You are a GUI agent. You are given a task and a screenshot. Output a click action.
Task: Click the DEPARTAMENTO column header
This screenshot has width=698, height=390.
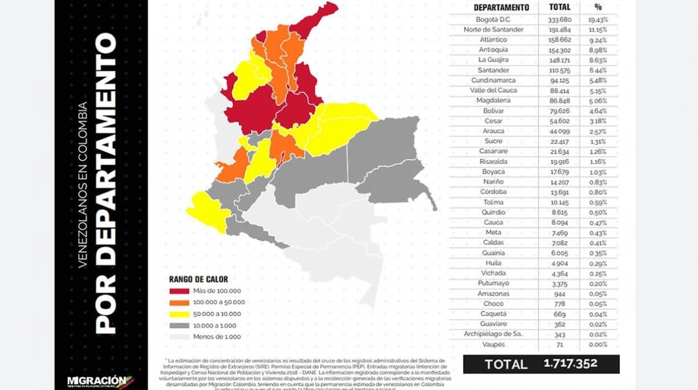[501, 8]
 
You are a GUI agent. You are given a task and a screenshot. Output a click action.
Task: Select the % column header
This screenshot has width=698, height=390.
[598, 8]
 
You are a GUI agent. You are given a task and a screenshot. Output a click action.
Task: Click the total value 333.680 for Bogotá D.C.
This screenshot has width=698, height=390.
[558, 19]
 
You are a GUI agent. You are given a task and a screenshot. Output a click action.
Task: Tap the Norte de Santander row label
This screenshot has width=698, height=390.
[493, 29]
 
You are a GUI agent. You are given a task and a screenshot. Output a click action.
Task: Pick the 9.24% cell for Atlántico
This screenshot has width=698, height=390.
[598, 40]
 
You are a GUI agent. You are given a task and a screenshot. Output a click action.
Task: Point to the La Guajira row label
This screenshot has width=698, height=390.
[493, 60]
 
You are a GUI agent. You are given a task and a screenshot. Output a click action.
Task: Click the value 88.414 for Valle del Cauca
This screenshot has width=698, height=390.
[558, 90]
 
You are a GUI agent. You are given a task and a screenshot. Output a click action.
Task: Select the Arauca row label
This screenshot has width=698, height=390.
[493, 131]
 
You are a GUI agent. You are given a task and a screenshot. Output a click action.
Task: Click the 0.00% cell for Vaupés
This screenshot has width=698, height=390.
[598, 345]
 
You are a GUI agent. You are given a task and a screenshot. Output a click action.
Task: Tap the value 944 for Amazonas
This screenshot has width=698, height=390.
[558, 294]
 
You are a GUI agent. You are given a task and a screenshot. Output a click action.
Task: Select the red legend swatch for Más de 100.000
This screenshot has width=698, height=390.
[178, 291]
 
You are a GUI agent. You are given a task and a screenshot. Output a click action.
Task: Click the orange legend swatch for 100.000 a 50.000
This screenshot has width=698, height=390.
[178, 303]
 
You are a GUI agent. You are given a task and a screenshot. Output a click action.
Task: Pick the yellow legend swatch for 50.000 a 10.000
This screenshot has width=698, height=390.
[178, 314]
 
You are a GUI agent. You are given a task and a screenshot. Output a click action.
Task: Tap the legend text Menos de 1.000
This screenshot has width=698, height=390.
[217, 336]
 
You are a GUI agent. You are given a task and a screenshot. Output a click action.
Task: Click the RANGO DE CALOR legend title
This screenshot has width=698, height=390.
[198, 279]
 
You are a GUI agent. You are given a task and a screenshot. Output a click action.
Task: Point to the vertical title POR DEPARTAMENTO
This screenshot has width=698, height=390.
[106, 183]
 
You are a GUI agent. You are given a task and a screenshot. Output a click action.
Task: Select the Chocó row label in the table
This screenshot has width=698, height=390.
[493, 304]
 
